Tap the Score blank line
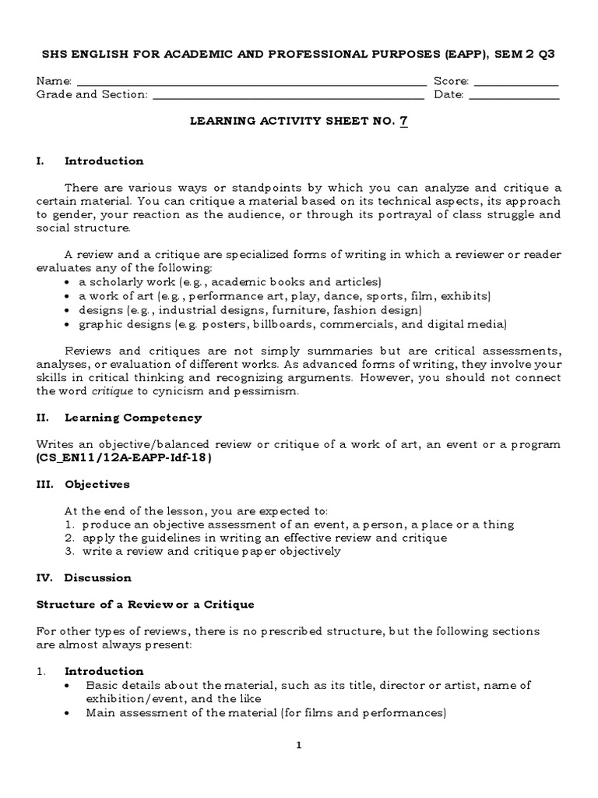515,82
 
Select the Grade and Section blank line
288,96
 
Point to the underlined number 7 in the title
403,121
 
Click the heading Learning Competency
132,418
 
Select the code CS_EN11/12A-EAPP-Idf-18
124,457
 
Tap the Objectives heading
97,484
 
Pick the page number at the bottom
297,745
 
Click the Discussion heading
97,577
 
